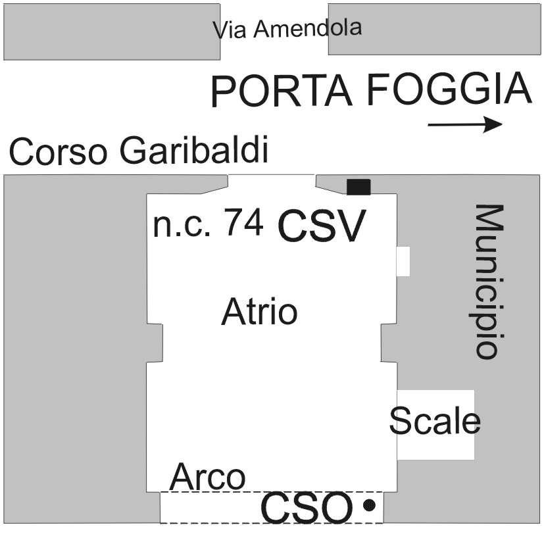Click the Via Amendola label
click(288, 29)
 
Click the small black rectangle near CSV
click(359, 187)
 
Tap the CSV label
click(321, 227)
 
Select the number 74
click(244, 224)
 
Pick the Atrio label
click(259, 311)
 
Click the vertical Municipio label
click(490, 282)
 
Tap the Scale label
click(435, 420)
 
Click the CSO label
click(307, 508)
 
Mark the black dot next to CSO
click(370, 505)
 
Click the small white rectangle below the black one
click(403, 261)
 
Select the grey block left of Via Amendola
click(111, 32)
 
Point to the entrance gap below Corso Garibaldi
click(272, 184)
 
